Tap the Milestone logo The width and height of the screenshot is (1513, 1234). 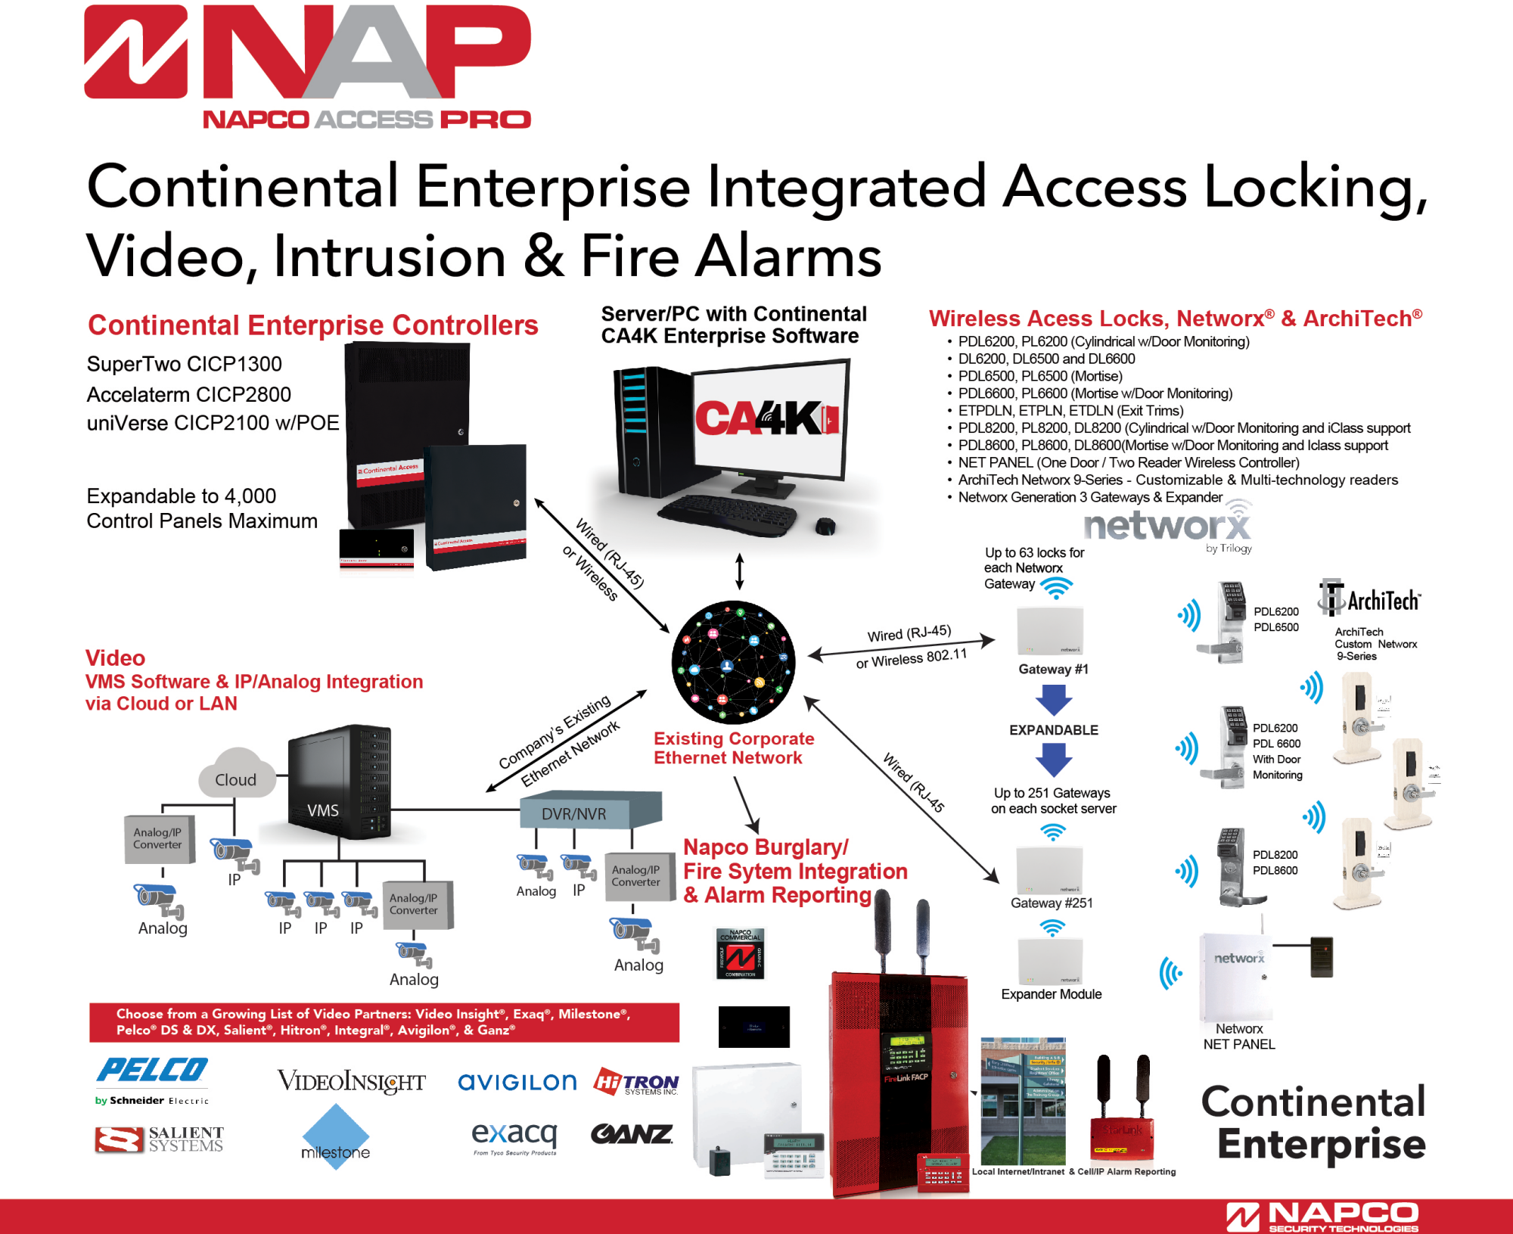pyautogui.click(x=335, y=1137)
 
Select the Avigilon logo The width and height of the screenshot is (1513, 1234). pyautogui.click(x=517, y=1083)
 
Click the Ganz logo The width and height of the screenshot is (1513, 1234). pyautogui.click(x=632, y=1134)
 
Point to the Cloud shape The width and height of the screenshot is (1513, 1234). pyautogui.click(x=236, y=776)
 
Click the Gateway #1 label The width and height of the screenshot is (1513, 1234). pyautogui.click(x=1053, y=669)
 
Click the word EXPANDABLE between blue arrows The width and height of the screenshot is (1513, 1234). pyautogui.click(x=1053, y=730)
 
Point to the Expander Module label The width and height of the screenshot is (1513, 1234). pyautogui.click(x=1051, y=994)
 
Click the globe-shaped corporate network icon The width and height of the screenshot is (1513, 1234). pyautogui.click(x=733, y=663)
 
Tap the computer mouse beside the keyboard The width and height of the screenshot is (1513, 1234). pyautogui.click(x=825, y=525)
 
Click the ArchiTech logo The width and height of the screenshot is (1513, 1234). pyautogui.click(x=1370, y=600)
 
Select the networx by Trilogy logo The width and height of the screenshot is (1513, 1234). pyautogui.click(x=1168, y=527)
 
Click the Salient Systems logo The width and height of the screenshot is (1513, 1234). pyautogui.click(x=160, y=1139)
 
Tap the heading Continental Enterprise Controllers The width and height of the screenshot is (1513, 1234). pyautogui.click(x=312, y=325)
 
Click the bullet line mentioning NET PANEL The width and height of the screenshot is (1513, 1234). pyautogui.click(x=1128, y=462)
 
